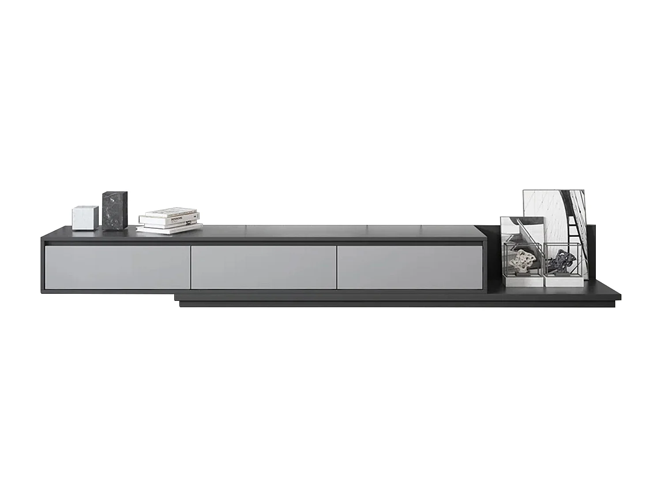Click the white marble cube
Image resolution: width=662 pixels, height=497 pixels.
click(85, 217)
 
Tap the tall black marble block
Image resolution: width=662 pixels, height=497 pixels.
click(115, 211)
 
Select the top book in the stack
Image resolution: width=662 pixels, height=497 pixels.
click(170, 213)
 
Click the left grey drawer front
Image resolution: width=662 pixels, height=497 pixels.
click(117, 267)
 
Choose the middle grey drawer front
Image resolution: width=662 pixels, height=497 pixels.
click(263, 267)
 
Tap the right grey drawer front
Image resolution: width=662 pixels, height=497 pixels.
click(410, 267)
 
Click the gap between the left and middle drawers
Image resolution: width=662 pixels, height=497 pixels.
click(191, 267)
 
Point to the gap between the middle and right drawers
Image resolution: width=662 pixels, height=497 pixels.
click(337, 267)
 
